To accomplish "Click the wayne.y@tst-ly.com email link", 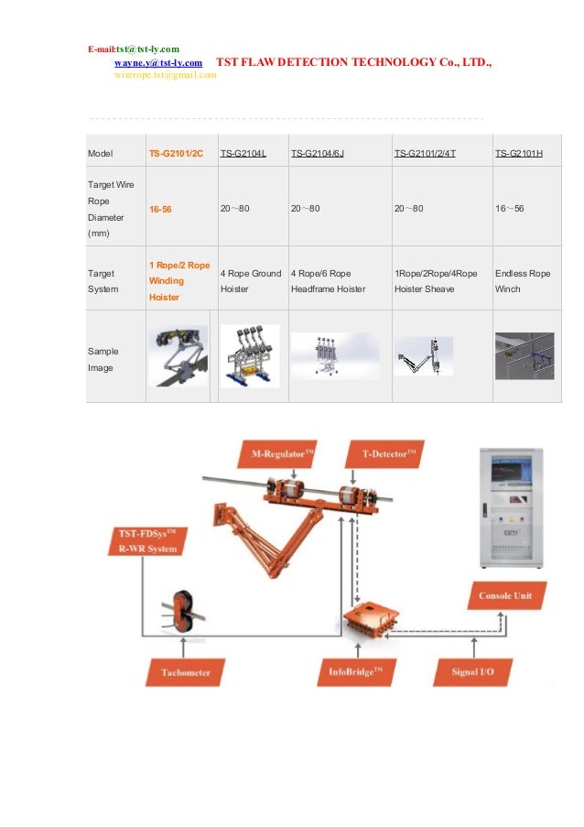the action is (157, 62).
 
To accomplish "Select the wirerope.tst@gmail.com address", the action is (165, 75).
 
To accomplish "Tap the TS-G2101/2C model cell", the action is (176, 152).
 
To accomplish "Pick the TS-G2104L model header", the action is (243, 152).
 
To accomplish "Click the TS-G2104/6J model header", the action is (317, 152).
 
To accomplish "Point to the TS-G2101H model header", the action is (518, 152).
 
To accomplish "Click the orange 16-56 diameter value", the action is (160, 210).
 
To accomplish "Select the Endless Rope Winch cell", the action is (522, 281).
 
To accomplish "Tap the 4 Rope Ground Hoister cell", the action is (250, 281).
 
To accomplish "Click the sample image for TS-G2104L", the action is (249, 354).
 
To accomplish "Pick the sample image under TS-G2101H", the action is (524, 355).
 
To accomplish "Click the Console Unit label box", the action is (504, 595).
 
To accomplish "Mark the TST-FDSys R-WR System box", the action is (147, 541).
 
